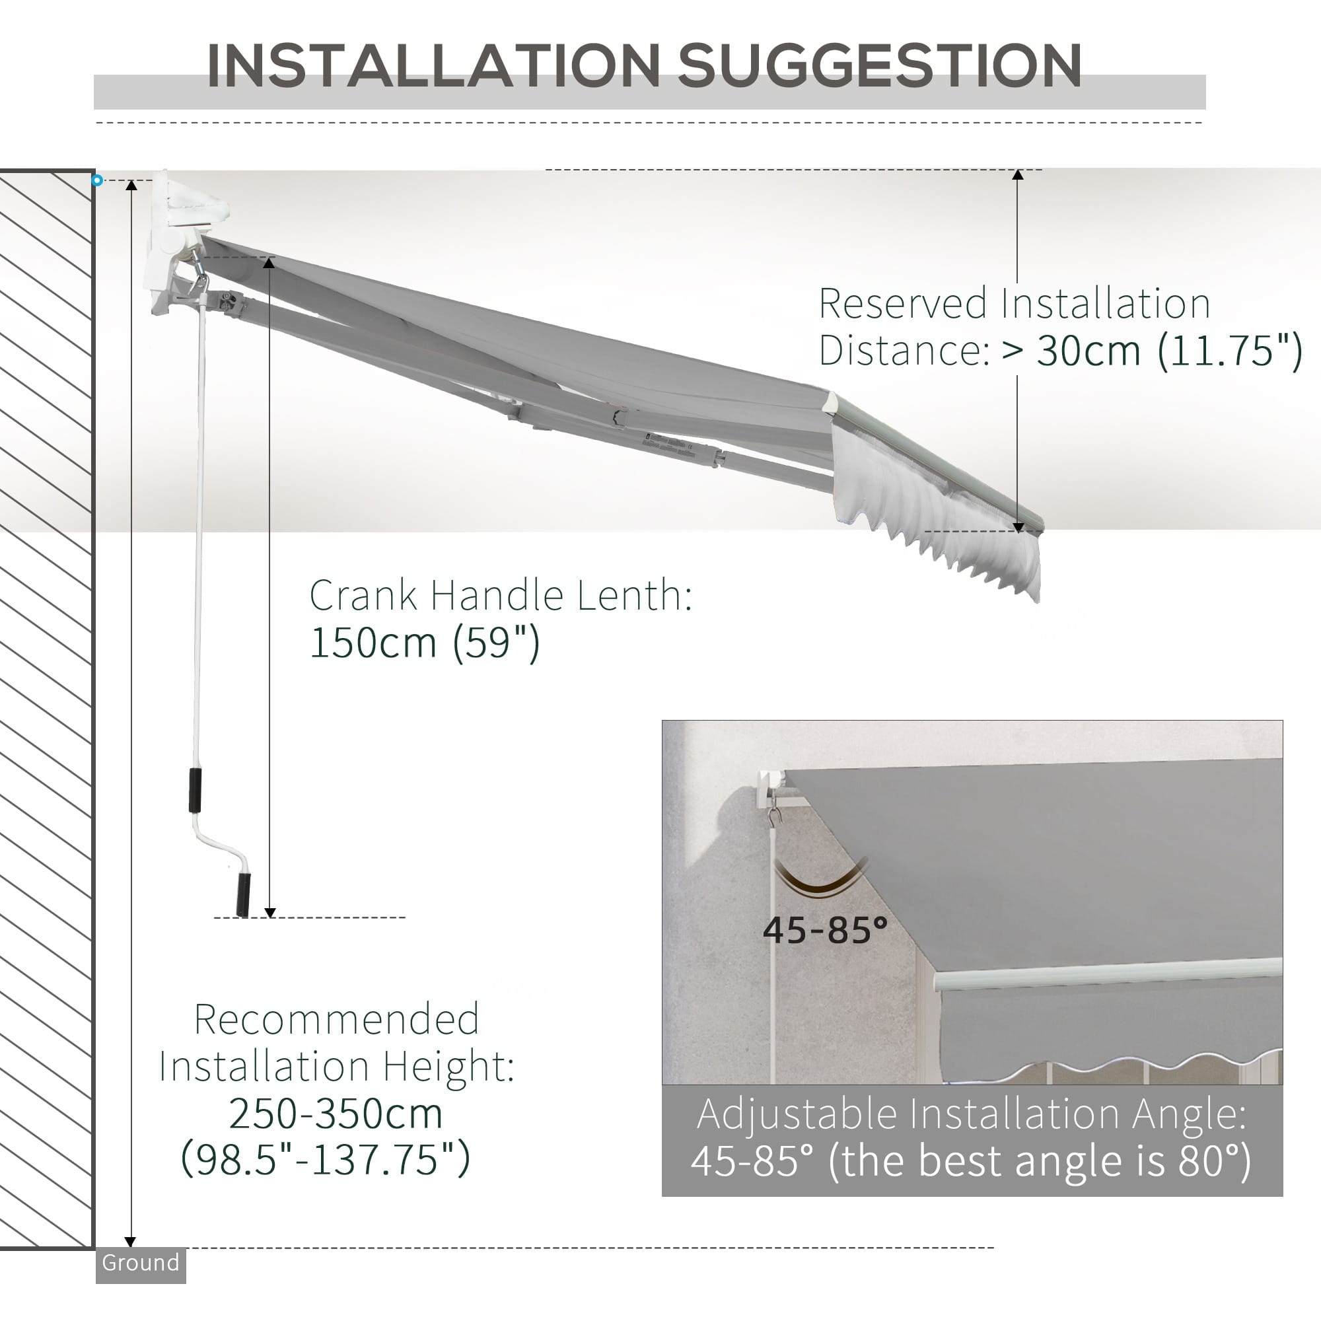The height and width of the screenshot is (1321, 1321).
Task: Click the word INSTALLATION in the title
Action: point(432,65)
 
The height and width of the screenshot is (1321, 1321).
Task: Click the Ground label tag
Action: point(140,1262)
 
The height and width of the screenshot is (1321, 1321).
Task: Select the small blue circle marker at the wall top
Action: point(97,180)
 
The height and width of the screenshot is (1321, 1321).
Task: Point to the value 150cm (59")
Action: point(425,643)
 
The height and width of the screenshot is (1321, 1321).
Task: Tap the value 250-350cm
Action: point(336,1113)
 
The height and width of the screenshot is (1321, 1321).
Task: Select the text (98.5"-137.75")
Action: point(326,1159)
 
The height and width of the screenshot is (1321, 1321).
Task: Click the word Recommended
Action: point(336,1019)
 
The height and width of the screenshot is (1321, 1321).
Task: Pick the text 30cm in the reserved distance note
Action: point(1089,351)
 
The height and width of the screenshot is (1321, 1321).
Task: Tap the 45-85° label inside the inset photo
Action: point(824,930)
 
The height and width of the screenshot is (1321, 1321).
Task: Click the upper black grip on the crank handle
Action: point(196,791)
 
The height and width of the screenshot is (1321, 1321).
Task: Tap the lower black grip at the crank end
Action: point(242,894)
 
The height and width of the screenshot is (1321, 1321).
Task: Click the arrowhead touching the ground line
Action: point(131,1241)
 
